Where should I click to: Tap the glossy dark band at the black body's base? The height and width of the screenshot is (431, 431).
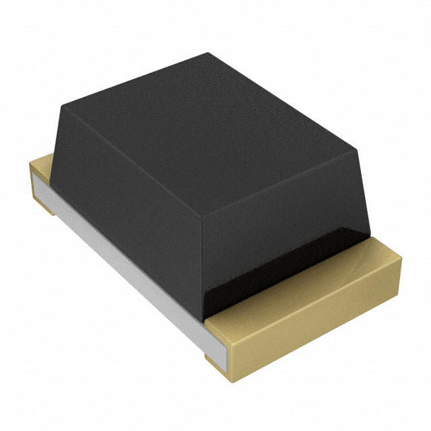click(269, 283)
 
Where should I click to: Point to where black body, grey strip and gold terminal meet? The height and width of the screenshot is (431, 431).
click(205, 317)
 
